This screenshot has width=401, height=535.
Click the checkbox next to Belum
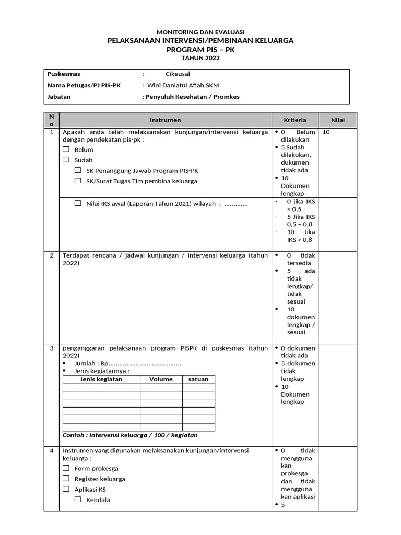click(x=66, y=149)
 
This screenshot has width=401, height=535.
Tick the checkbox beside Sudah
click(x=66, y=160)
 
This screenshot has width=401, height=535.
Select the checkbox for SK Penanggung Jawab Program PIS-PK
click(x=78, y=170)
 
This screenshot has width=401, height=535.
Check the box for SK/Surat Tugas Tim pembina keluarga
click(x=78, y=181)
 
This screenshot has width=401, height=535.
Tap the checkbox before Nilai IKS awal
click(x=78, y=203)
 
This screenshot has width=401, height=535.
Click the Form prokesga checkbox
click(x=66, y=468)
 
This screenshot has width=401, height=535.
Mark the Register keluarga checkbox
click(x=66, y=479)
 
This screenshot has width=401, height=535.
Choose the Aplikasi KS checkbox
click(x=66, y=489)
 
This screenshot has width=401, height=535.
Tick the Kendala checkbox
click(x=78, y=499)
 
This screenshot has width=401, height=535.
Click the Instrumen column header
click(x=165, y=120)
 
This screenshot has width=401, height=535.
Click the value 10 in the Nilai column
click(x=326, y=132)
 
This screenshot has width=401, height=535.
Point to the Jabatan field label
click(x=59, y=97)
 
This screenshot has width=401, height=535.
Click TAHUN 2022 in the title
click(x=200, y=58)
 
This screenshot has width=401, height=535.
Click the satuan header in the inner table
click(x=198, y=379)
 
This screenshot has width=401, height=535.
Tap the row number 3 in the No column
click(x=51, y=348)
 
